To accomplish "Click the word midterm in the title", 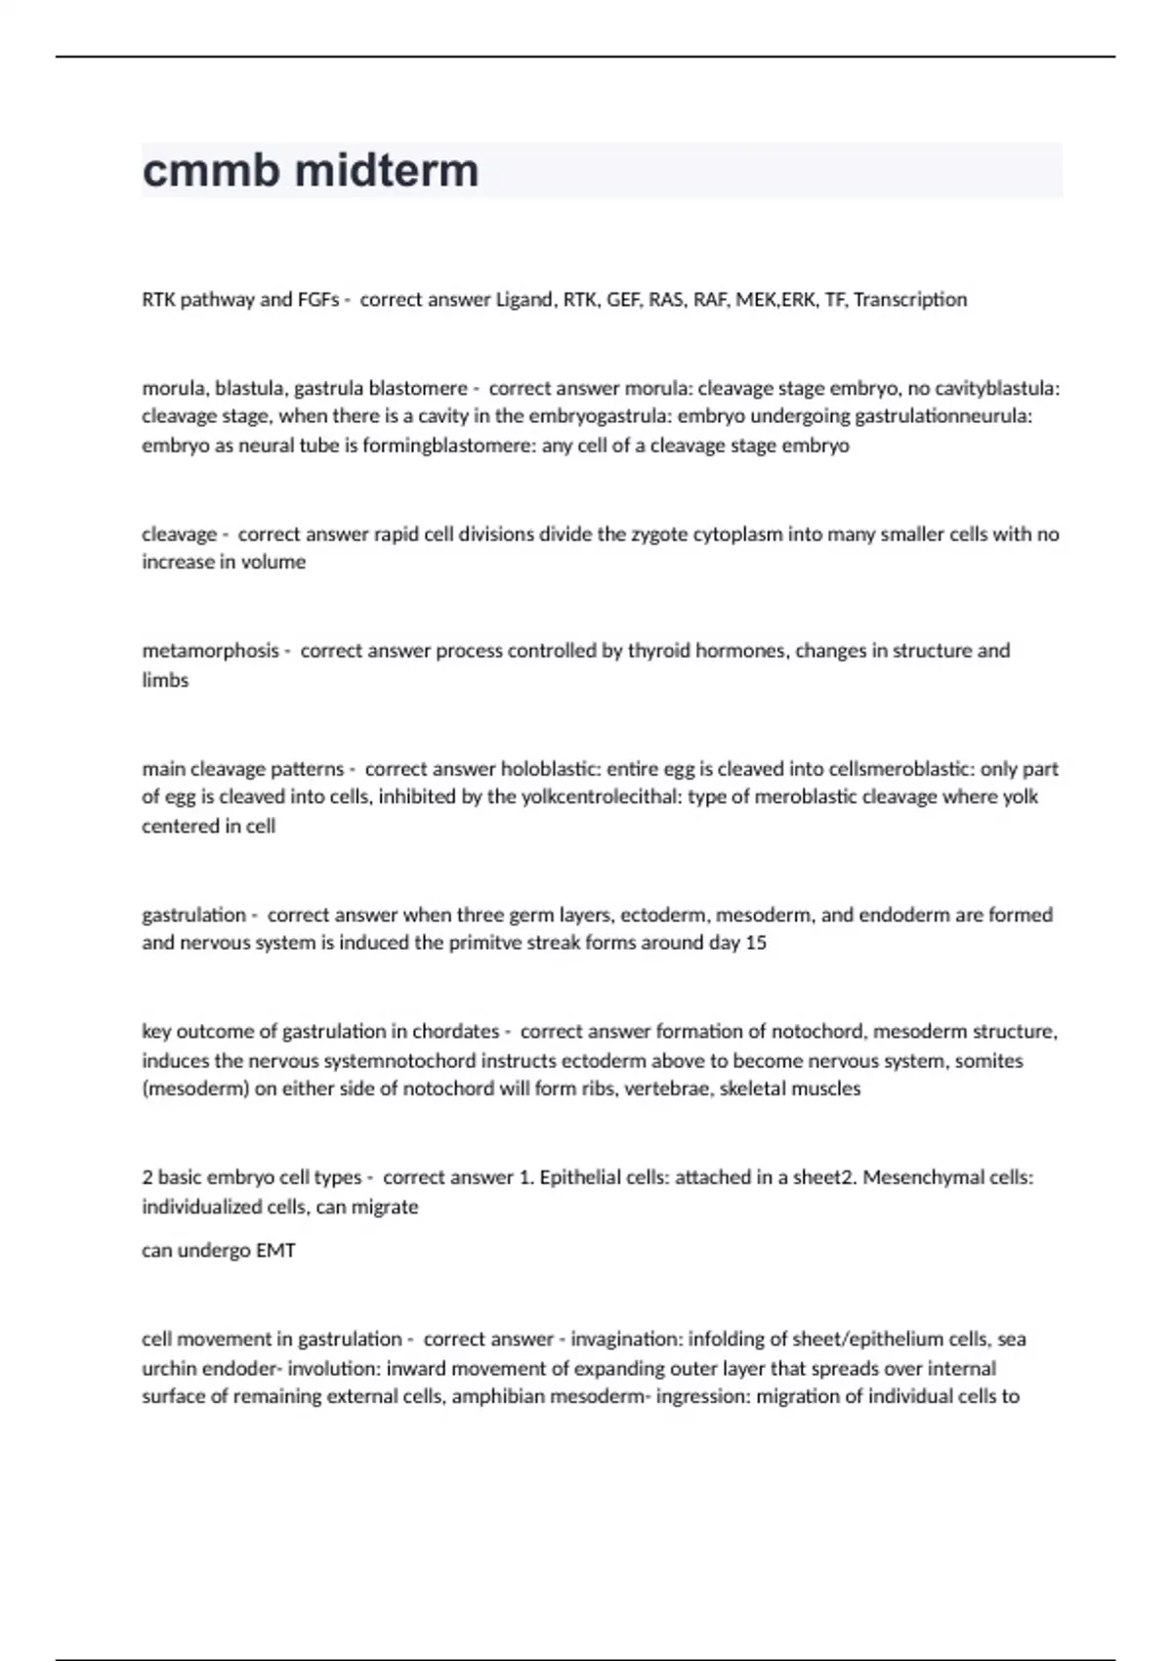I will tap(387, 170).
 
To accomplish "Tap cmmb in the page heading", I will tap(212, 170).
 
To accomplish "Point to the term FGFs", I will tap(317, 299).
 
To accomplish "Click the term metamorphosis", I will tap(210, 651).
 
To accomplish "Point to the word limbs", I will tap(165, 680).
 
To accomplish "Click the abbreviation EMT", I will tap(275, 1251).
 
